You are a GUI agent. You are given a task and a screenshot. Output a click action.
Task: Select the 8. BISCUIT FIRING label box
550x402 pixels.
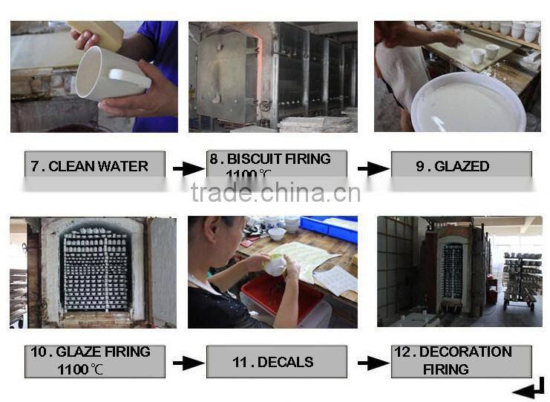(276, 165)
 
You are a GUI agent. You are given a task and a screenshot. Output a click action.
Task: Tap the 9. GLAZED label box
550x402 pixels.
(461, 165)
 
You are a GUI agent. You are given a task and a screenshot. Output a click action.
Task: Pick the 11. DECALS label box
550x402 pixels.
(276, 362)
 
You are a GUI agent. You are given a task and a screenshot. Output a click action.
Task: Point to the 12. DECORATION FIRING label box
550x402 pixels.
(461, 360)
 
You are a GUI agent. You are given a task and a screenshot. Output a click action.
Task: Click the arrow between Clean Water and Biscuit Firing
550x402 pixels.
(189, 169)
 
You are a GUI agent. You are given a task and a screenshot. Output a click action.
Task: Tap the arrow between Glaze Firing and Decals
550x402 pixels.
(189, 363)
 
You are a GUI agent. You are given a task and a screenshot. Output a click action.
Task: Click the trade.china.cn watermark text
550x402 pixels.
(275, 193)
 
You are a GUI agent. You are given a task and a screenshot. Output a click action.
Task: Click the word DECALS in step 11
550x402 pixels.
(285, 362)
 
